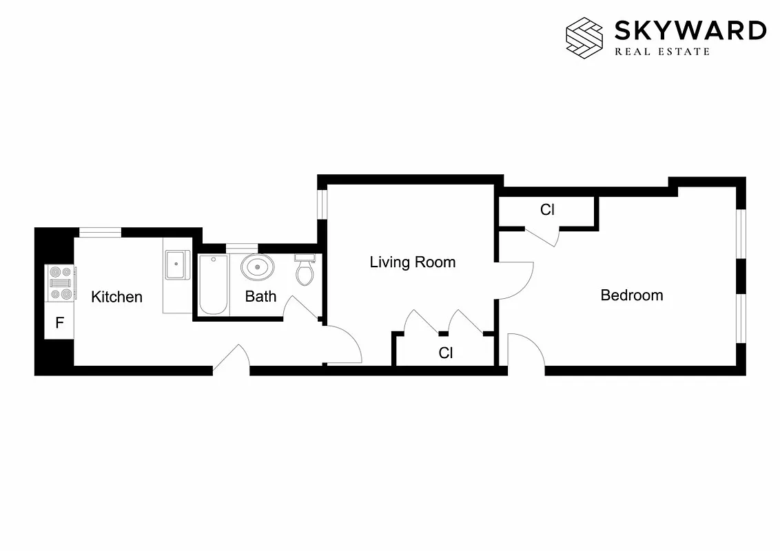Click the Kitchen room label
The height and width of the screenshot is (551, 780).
117,297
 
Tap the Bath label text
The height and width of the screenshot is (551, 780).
260,296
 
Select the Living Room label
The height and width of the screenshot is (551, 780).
412,262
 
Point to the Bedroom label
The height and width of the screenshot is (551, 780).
632,295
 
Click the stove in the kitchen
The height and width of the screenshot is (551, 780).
61,283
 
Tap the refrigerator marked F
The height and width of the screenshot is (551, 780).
60,322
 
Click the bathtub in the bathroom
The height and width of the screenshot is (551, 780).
214,284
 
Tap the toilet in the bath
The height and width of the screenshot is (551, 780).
305,271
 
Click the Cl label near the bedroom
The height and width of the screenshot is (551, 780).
547,210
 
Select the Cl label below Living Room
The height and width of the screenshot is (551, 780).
446,353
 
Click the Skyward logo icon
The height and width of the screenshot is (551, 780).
584,36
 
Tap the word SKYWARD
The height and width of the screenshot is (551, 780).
690,30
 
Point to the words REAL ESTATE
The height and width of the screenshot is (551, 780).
662,51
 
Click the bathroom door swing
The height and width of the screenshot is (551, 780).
302,308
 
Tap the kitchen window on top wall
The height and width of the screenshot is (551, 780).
101,232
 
